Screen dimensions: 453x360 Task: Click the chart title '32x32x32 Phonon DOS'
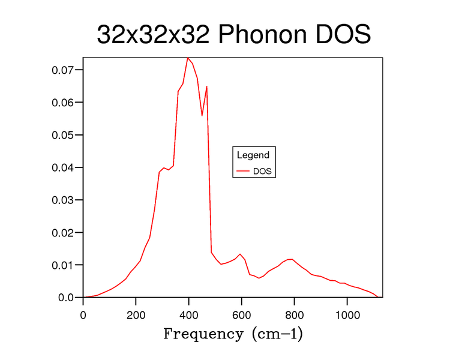click(233, 34)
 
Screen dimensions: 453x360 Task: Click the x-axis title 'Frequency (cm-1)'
click(233, 334)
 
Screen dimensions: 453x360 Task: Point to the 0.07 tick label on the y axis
click(62, 70)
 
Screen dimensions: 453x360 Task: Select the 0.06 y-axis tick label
click(62, 103)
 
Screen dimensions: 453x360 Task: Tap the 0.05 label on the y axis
click(62, 135)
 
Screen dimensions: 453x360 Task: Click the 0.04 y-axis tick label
click(62, 167)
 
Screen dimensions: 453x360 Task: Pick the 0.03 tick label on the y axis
click(62, 200)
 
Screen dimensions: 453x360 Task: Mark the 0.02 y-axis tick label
click(62, 233)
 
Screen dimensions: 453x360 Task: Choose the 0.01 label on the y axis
click(62, 265)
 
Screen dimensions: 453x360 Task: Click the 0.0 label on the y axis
click(66, 298)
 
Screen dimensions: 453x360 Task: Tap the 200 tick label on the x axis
click(136, 315)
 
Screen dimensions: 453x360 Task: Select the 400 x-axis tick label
click(188, 315)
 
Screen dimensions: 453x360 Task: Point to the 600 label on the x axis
click(242, 315)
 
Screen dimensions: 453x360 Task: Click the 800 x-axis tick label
click(294, 315)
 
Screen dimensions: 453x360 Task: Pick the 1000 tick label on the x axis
click(347, 315)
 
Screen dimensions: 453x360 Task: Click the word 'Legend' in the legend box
click(253, 155)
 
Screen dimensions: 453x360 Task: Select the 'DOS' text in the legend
click(262, 172)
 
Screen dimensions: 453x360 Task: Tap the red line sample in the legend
click(242, 171)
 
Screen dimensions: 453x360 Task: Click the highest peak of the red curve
click(188, 58)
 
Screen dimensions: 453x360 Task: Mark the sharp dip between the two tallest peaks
click(202, 116)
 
